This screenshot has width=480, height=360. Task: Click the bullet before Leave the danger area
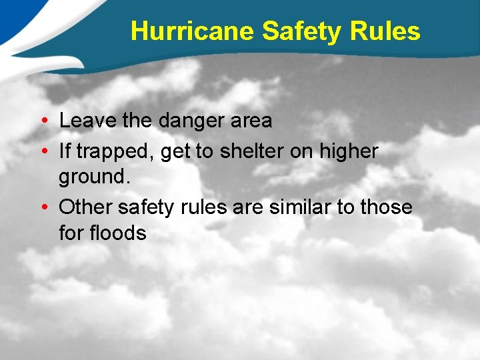coord(42,121)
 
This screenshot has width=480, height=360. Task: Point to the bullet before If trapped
coord(42,152)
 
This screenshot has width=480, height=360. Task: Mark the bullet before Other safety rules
coord(42,208)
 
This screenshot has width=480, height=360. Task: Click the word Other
coord(86,207)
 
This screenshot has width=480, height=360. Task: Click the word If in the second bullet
coord(65,151)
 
